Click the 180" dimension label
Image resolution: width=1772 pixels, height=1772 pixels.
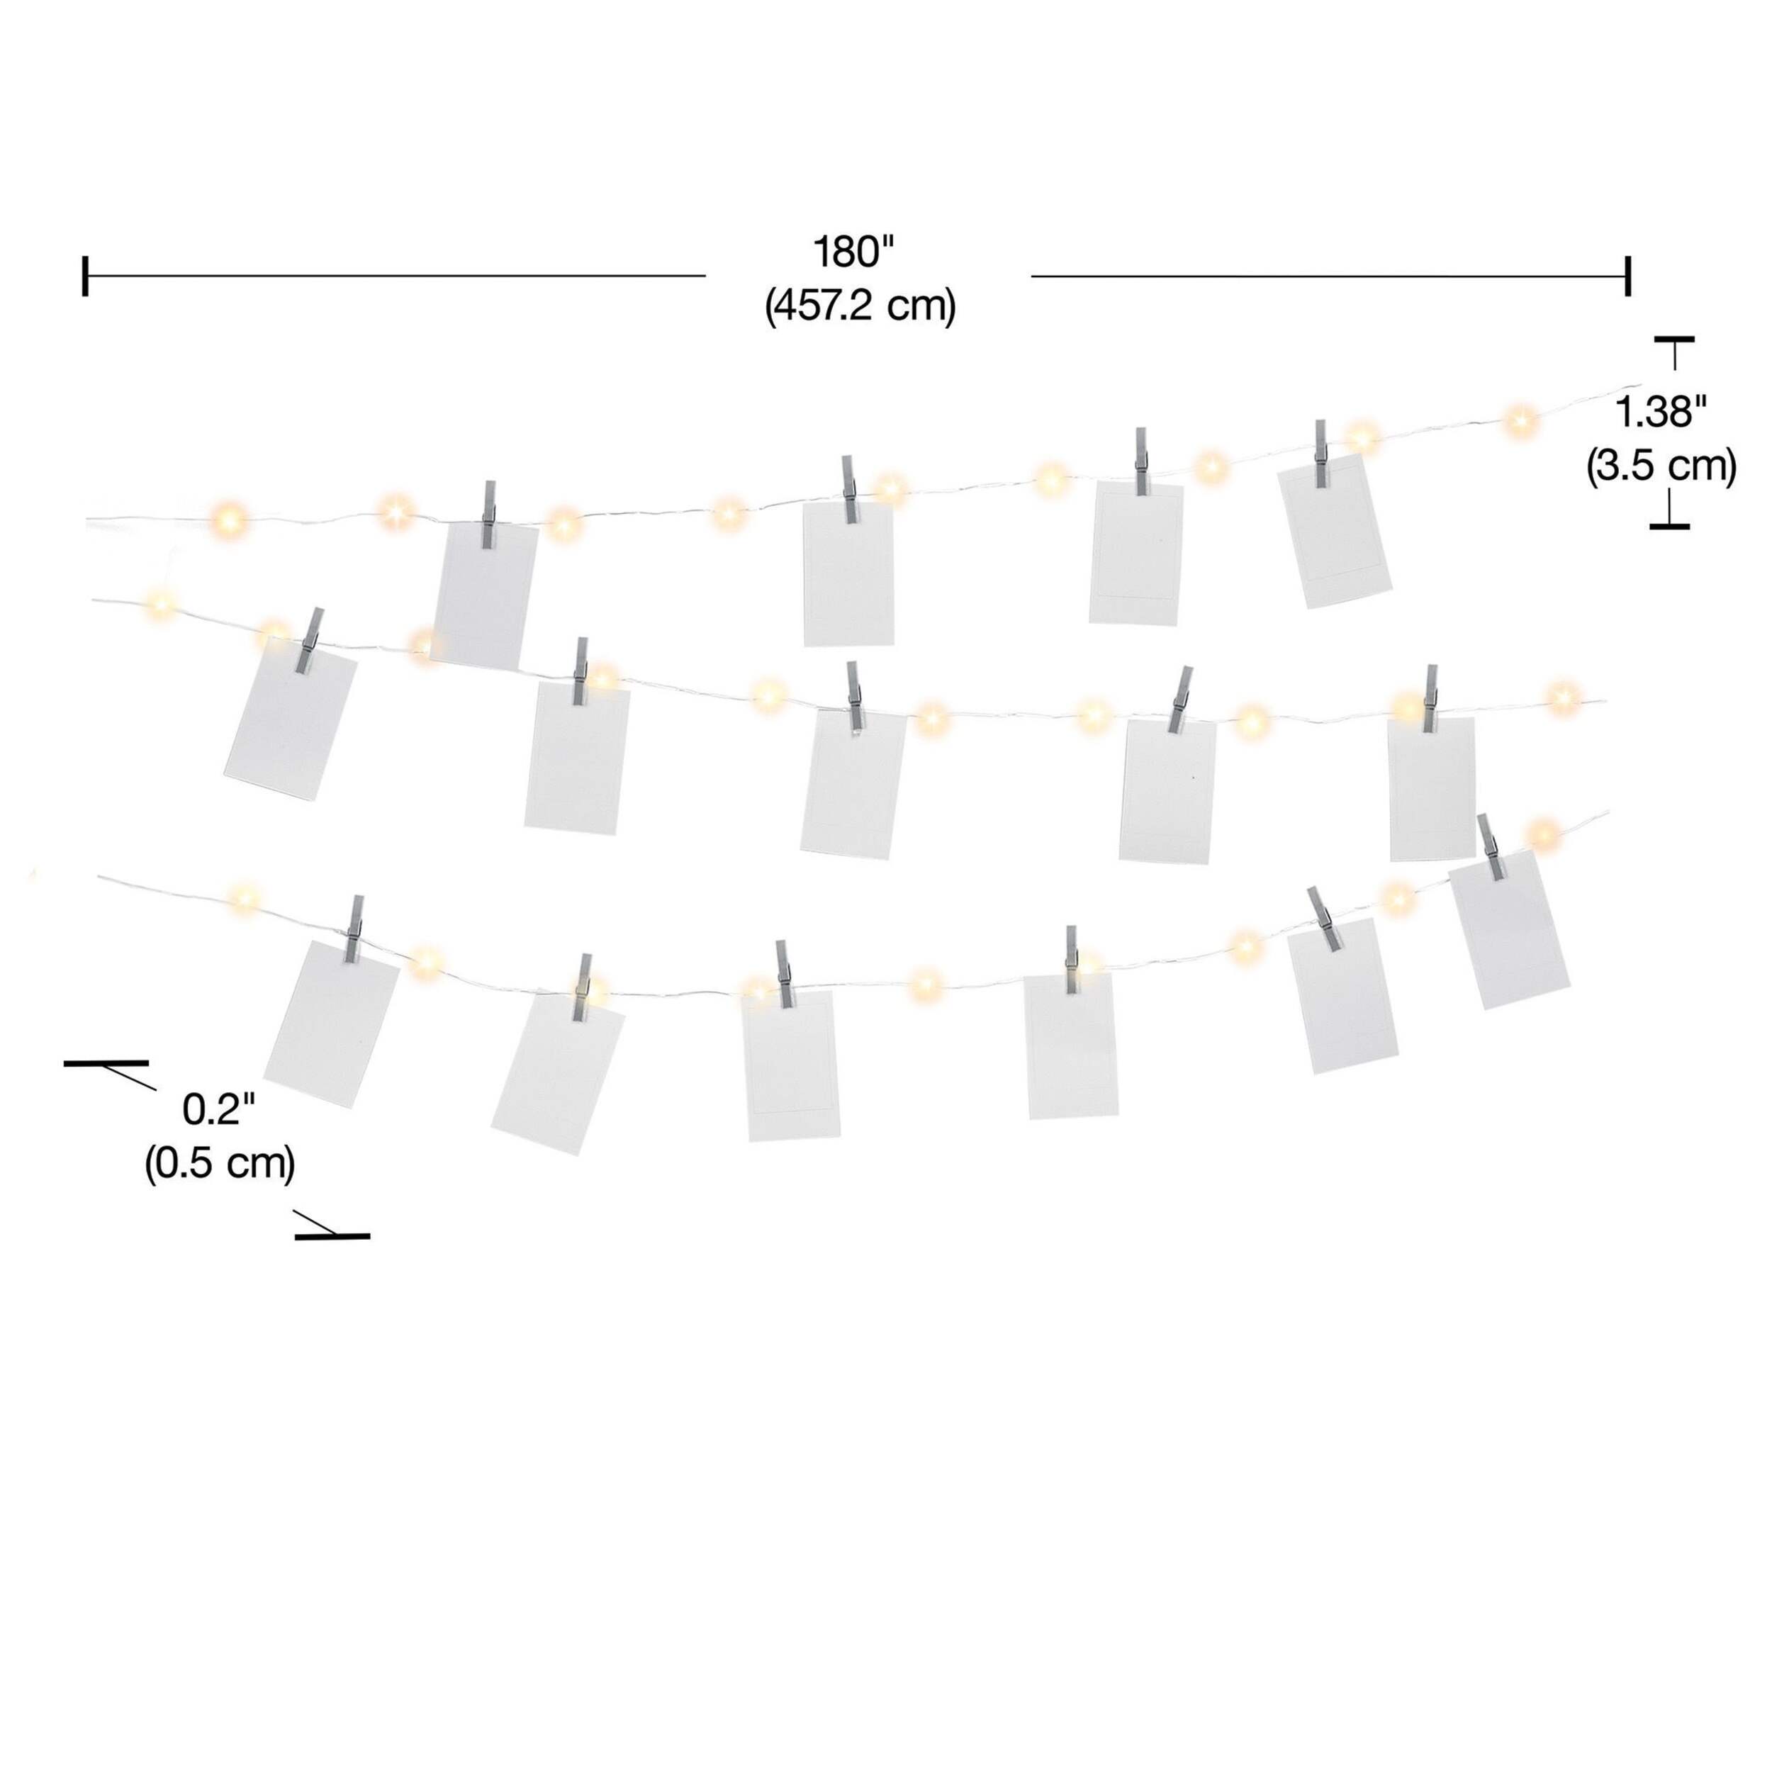click(x=854, y=252)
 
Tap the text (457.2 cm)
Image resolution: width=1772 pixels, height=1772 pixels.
click(x=860, y=306)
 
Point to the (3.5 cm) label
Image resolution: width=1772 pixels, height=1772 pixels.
click(x=1661, y=467)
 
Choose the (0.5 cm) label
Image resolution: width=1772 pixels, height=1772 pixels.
click(x=220, y=1164)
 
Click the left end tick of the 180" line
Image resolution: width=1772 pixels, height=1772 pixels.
click(x=85, y=275)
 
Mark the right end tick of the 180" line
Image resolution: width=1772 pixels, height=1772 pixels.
click(x=1628, y=275)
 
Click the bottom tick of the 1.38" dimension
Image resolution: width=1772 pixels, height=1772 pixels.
click(x=1669, y=527)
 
